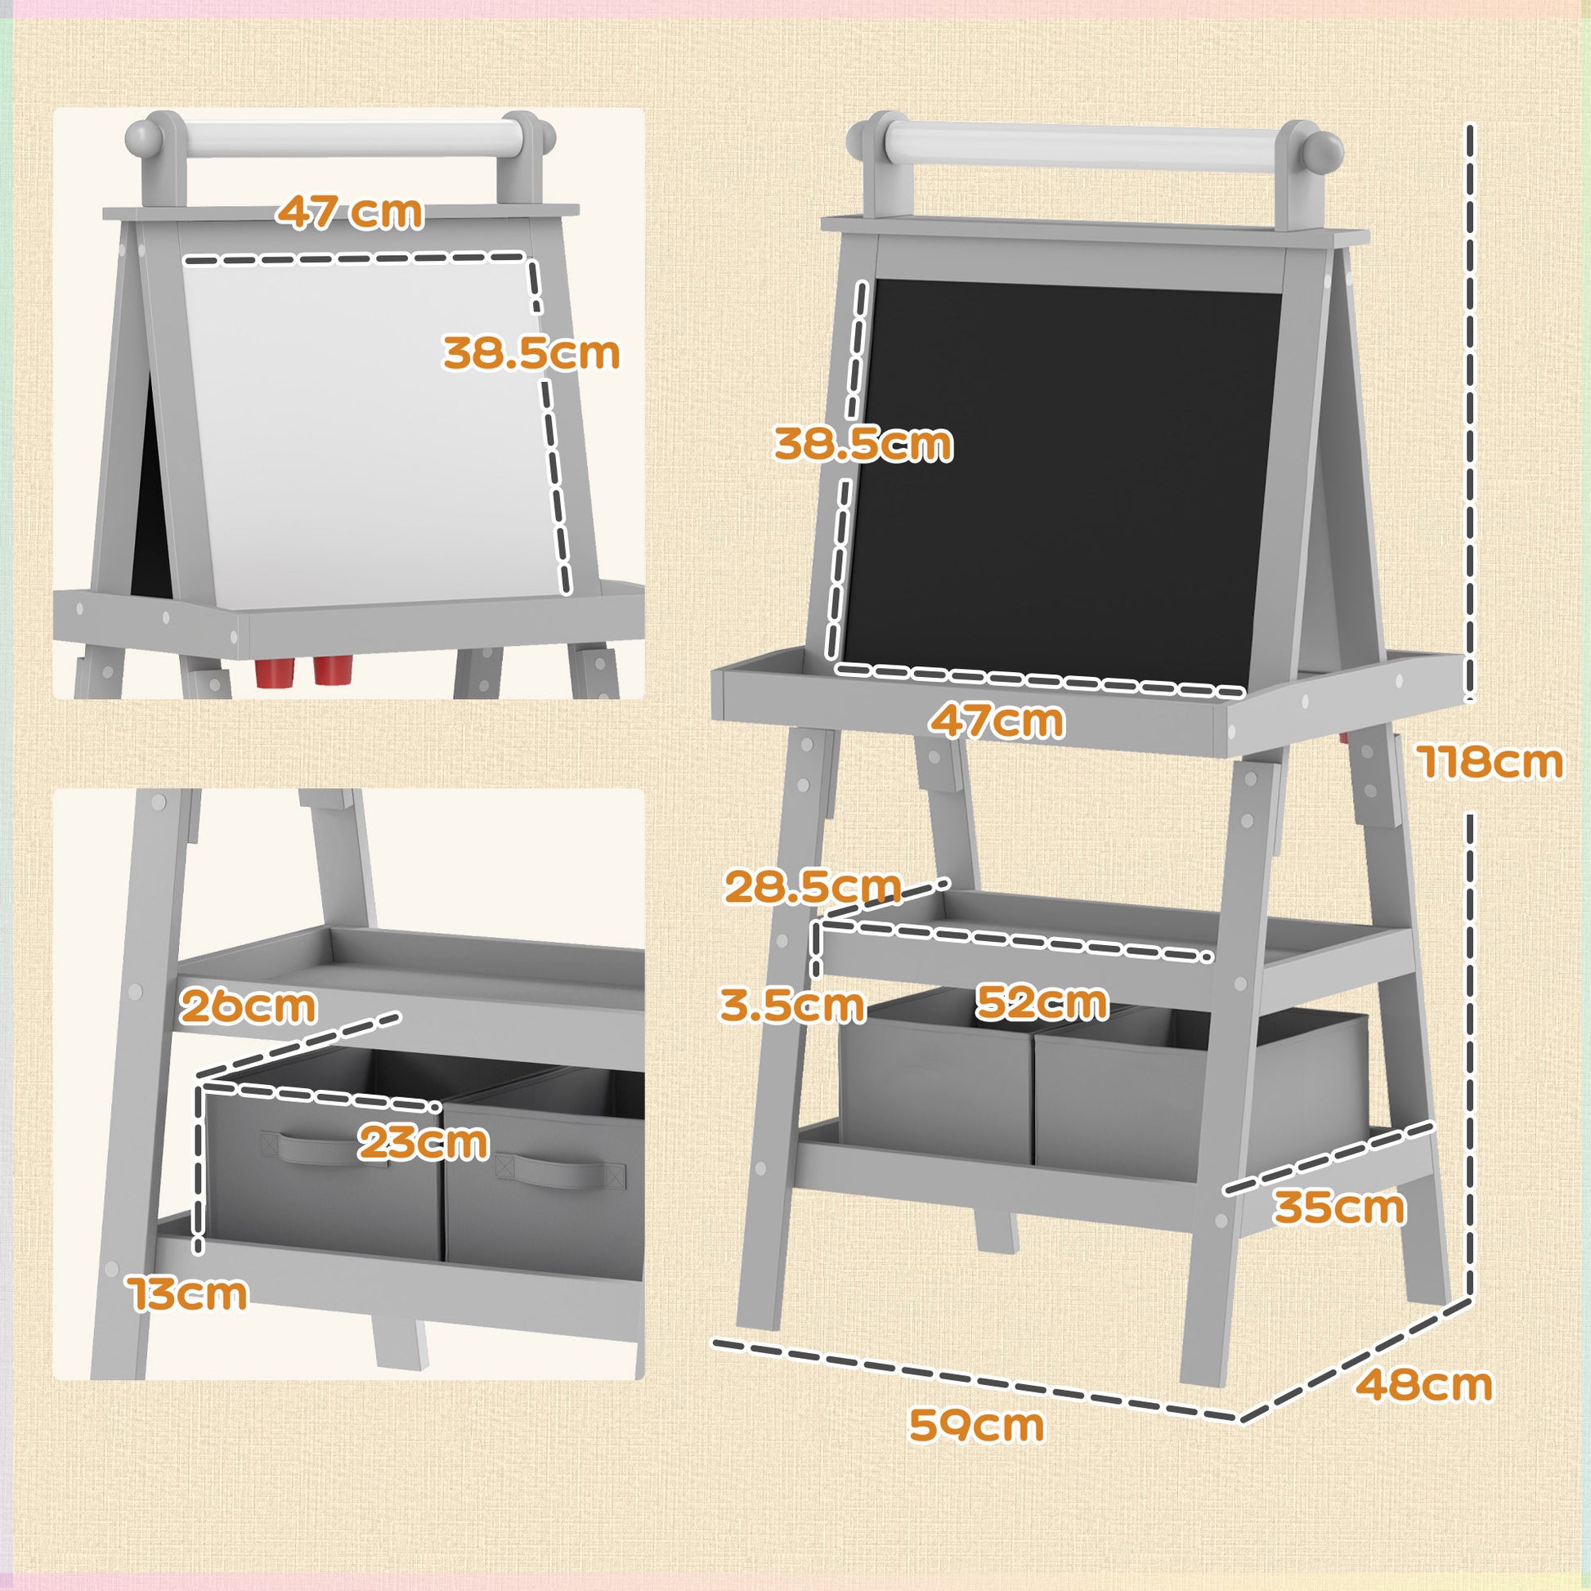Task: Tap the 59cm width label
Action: click(976, 1425)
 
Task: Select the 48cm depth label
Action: click(1424, 1384)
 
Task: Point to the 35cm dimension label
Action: click(1340, 1208)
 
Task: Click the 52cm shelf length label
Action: click(1042, 1002)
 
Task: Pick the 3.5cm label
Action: click(792, 1006)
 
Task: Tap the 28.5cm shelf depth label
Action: click(813, 887)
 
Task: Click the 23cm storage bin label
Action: click(424, 1143)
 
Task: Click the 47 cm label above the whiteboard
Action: click(350, 213)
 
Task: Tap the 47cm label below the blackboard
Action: click(997, 720)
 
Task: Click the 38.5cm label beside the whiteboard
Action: click(531, 353)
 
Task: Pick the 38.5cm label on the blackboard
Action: click(863, 445)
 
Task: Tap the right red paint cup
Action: click(331, 670)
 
